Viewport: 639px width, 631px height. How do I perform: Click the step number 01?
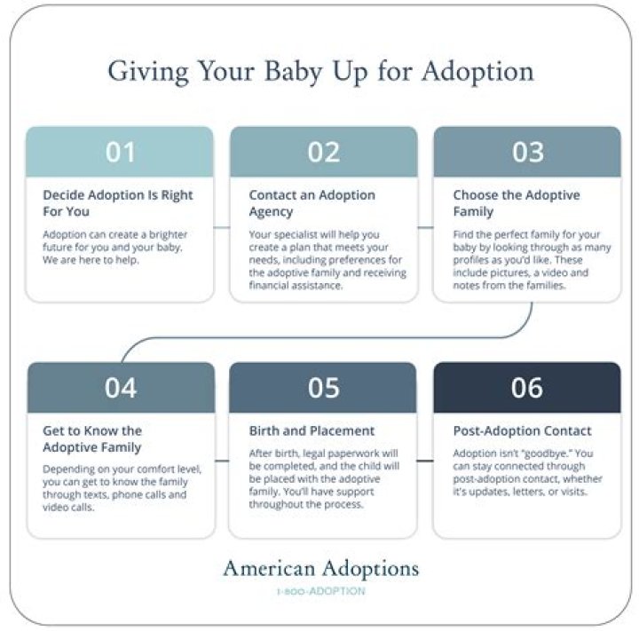point(121,152)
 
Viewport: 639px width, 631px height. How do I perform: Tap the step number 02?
point(324,152)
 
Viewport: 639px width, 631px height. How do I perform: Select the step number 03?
point(527,152)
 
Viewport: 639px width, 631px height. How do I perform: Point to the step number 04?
point(121,388)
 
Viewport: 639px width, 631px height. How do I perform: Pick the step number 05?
point(324,388)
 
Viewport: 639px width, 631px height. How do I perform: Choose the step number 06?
point(527,388)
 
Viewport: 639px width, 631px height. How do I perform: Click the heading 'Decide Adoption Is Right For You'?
point(118,203)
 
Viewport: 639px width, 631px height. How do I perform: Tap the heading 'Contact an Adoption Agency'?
point(312,203)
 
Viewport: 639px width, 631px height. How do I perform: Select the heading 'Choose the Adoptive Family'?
point(517,203)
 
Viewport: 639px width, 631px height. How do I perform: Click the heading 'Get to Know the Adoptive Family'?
point(92,439)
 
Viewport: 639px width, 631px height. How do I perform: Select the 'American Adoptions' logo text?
point(320,568)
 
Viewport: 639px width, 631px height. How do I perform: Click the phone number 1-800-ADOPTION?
point(320,591)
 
